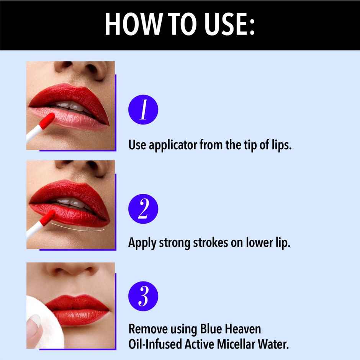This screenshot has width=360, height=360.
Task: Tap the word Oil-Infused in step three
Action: tap(155, 344)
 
